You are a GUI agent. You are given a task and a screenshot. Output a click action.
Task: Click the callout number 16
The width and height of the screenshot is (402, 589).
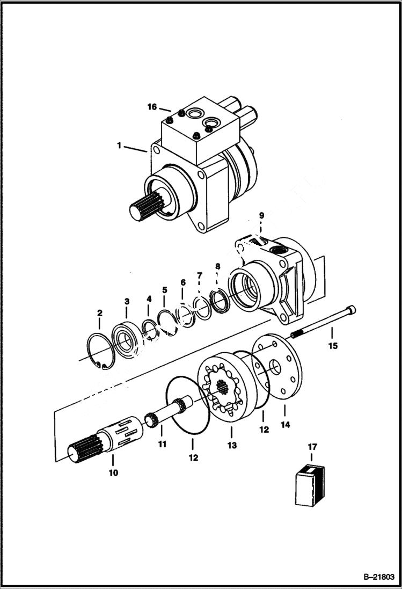pos(152,107)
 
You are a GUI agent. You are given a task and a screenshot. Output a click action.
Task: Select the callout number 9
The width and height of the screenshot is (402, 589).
pos(261,215)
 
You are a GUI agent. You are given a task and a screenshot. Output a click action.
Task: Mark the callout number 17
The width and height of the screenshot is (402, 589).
pos(312,446)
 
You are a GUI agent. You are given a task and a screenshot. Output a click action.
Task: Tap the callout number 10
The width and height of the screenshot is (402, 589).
pos(113,473)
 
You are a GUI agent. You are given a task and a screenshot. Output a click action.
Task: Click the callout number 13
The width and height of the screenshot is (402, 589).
pos(232,445)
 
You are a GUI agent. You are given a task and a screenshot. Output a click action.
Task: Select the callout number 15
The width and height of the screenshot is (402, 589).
pos(333,346)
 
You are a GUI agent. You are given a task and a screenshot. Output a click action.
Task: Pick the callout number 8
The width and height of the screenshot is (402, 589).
pos(217,266)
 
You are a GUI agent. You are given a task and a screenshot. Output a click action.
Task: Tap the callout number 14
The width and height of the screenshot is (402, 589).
pos(284,425)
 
